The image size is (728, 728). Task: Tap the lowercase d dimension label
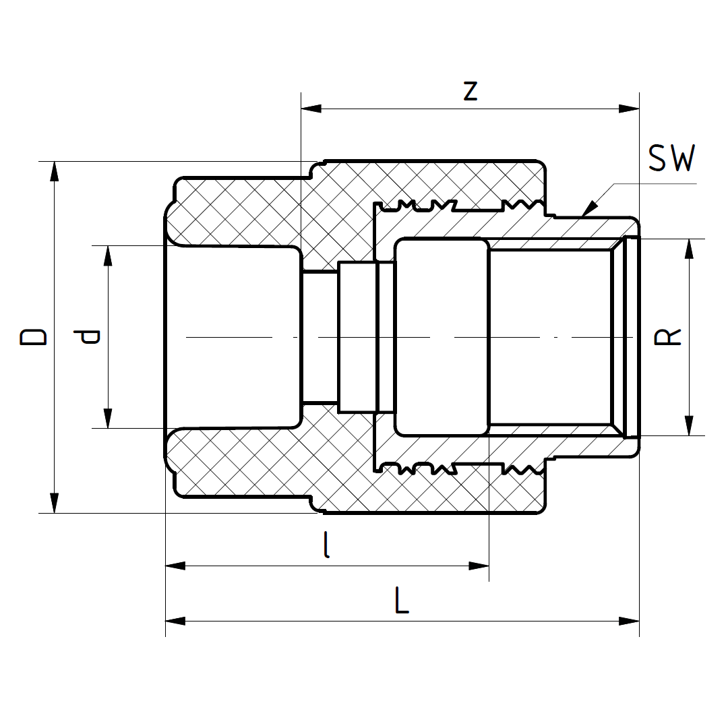pyautogui.click(x=88, y=336)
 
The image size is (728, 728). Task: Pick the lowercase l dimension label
pyautogui.click(x=327, y=545)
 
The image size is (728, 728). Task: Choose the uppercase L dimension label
pyautogui.click(x=402, y=601)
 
